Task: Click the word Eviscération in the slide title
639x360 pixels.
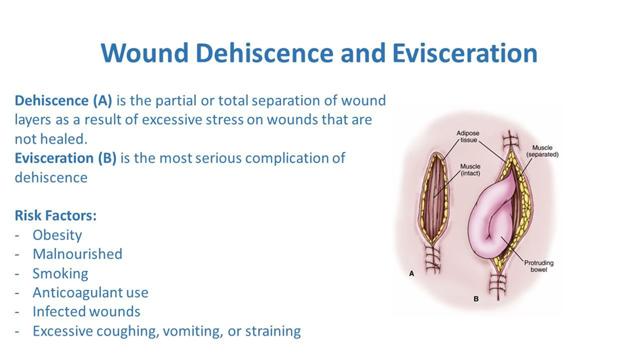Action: click(465, 53)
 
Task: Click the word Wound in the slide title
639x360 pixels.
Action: click(145, 53)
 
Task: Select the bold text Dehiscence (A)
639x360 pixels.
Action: click(63, 101)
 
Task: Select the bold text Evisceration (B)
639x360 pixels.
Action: click(66, 158)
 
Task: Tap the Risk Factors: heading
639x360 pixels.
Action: click(56, 215)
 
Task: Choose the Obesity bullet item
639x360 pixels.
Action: click(57, 235)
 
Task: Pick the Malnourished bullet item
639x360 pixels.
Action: click(77, 254)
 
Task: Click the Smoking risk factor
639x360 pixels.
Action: click(60, 273)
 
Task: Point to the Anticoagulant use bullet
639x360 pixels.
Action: click(90, 292)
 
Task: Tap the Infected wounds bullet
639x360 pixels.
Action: click(87, 311)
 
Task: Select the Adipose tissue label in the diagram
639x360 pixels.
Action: click(468, 136)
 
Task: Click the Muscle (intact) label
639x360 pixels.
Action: click(471, 170)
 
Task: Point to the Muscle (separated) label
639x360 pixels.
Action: click(542, 151)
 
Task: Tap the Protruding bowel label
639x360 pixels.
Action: click(539, 266)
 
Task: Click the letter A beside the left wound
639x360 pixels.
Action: click(412, 273)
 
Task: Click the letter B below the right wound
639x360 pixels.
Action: click(476, 299)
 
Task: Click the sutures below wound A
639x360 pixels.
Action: click(433, 258)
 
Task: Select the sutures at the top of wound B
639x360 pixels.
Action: click(509, 143)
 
